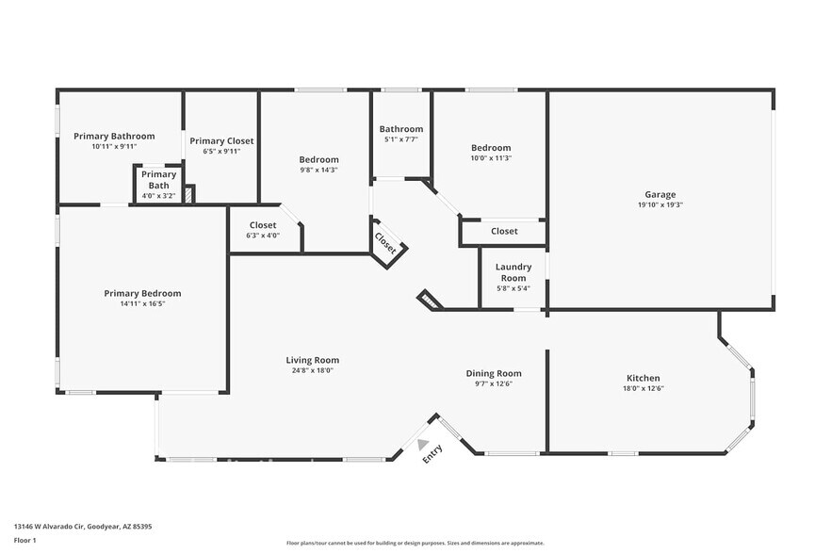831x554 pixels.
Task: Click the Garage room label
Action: (660, 194)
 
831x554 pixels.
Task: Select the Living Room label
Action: (313, 360)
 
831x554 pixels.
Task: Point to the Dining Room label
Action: (494, 373)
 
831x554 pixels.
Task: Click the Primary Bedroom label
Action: (142, 293)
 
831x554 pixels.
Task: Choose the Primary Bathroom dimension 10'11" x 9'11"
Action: (114, 147)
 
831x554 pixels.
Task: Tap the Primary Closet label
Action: (221, 140)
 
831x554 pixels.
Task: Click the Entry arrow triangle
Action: (423, 444)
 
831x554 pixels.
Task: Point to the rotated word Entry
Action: (432, 454)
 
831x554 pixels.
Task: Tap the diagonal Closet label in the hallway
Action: (385, 243)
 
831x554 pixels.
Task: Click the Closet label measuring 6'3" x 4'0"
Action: (263, 225)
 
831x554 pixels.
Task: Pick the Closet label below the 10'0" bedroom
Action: (504, 231)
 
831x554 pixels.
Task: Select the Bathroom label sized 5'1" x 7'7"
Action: (401, 129)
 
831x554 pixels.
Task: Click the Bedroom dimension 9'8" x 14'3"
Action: (318, 171)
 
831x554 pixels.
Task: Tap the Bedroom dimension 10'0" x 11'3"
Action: (491, 158)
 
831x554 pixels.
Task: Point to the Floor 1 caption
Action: (24, 540)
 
